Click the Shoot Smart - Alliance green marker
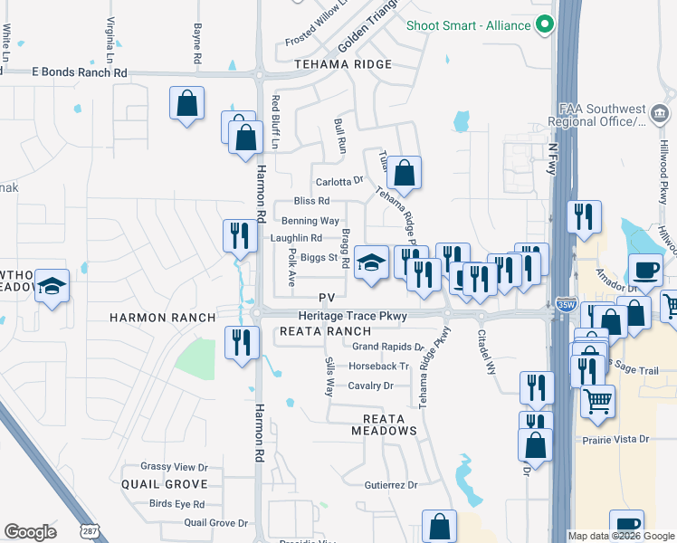tap(545, 25)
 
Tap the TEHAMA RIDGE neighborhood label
tap(343, 64)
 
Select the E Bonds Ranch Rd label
tap(80, 71)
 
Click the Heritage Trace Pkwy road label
tap(353, 316)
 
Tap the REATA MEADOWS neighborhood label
tap(390, 424)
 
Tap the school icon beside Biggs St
tap(370, 263)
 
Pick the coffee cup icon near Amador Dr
tap(646, 270)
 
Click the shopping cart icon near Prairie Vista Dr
tap(597, 402)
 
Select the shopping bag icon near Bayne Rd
tap(186, 103)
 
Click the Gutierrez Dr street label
tap(390, 485)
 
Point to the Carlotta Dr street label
tap(338, 180)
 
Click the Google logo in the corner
tap(31, 532)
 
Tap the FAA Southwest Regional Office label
tap(597, 115)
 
